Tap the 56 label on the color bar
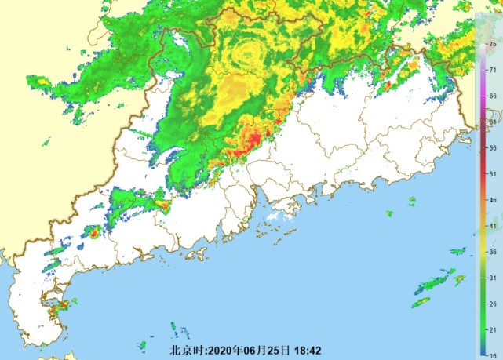[x=492, y=147]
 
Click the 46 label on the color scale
[x=492, y=200]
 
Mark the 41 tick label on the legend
[x=492, y=226]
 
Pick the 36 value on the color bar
[x=492, y=252]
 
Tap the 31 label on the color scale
[x=492, y=278]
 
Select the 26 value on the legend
[x=492, y=304]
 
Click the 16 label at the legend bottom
[x=492, y=355]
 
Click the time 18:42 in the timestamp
[x=309, y=350]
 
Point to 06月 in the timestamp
[x=253, y=350]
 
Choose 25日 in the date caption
[x=279, y=350]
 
